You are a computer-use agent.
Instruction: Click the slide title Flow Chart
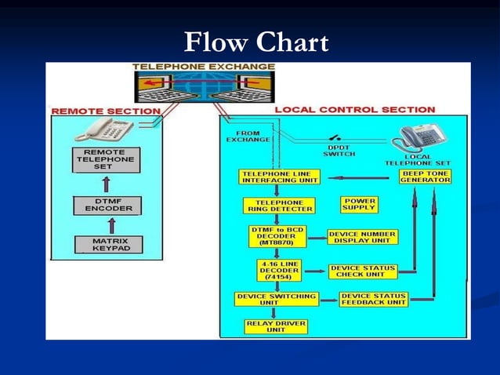(255, 42)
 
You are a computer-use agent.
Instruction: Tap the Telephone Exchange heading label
(204, 67)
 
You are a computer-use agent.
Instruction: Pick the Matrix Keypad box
(108, 244)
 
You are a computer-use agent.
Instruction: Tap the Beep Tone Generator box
(426, 177)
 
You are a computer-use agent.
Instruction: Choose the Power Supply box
(359, 205)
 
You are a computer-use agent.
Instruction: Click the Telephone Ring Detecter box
(278, 206)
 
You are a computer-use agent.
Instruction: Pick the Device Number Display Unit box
(362, 237)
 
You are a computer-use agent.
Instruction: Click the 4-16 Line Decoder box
(278, 270)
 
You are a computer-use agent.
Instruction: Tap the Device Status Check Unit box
(363, 271)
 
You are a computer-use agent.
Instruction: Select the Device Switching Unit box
(276, 299)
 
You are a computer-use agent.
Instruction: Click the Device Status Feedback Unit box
(374, 299)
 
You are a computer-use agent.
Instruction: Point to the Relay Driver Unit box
(276, 326)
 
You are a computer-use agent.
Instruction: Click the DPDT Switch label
(339, 150)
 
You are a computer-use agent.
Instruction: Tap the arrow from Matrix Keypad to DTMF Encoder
(111, 225)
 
